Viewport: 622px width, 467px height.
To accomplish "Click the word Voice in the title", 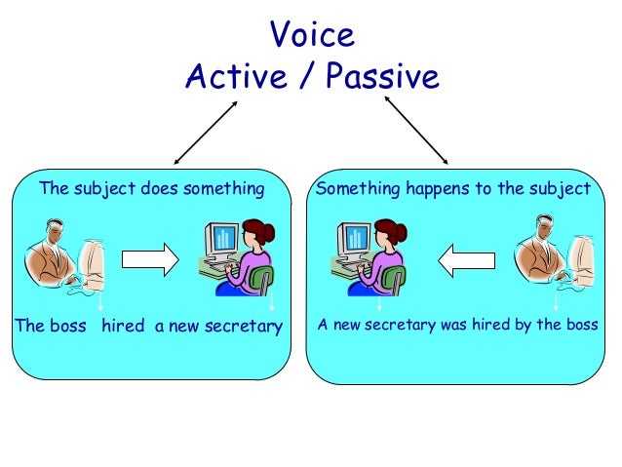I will tap(311, 36).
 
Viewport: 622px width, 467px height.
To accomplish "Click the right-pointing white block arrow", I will tap(149, 259).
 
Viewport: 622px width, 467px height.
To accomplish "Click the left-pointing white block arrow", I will tap(466, 259).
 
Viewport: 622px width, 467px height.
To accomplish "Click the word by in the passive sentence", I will tap(524, 325).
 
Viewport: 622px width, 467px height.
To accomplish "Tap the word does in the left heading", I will tap(162, 188).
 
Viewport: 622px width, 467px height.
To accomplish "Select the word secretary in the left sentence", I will tap(242, 325).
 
